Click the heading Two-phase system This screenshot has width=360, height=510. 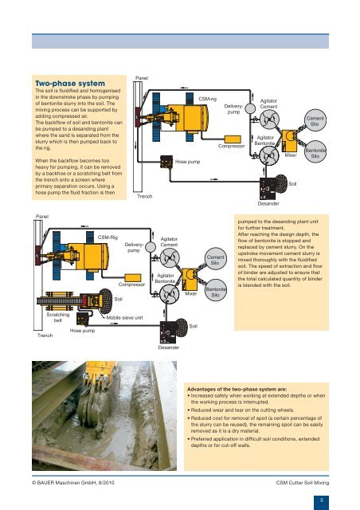60,83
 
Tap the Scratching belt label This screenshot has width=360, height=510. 52,316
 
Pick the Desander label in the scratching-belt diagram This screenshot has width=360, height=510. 169,348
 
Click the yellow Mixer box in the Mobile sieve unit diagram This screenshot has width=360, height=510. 190,278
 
